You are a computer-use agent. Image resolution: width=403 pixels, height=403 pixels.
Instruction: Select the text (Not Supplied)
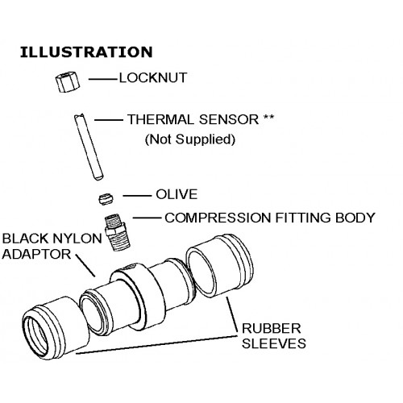tap(189, 139)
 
